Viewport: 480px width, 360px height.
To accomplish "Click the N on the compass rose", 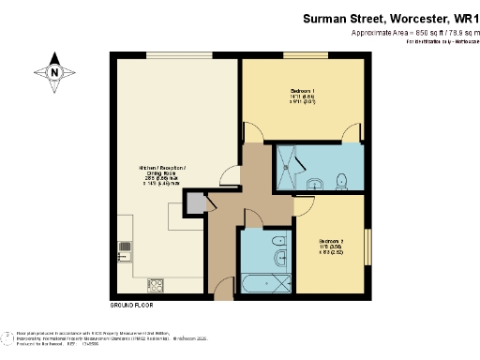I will [55, 72].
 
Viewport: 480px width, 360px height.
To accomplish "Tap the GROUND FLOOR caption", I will [131, 306].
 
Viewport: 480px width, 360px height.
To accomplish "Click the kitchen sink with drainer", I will [124, 250].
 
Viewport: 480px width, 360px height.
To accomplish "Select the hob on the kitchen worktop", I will [156, 281].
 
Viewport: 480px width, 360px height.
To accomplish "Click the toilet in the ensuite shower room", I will [344, 180].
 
